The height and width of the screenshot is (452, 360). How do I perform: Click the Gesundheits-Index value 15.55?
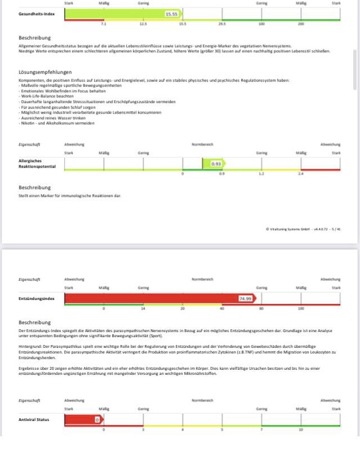pyautogui.click(x=172, y=14)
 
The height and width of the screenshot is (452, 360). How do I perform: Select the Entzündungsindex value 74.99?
pyautogui.click(x=245, y=298)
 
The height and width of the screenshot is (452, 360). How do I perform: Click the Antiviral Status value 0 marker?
pyautogui.click(x=97, y=419)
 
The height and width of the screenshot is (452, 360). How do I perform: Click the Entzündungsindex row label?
pyautogui.click(x=37, y=298)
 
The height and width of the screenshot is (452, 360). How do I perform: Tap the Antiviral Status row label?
pyautogui.click(x=34, y=419)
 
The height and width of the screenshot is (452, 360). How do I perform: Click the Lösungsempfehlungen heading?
pyautogui.click(x=45, y=72)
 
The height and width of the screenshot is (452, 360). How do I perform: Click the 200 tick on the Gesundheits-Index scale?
pyautogui.click(x=301, y=25)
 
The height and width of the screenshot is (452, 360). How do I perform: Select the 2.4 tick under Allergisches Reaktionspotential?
pyautogui.click(x=301, y=174)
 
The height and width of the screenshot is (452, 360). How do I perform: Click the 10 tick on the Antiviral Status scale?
pyautogui.click(x=301, y=430)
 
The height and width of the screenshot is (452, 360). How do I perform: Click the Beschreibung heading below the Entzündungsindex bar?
pyautogui.click(x=35, y=322)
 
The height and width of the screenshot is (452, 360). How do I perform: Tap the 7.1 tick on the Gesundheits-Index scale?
pyautogui.click(x=104, y=25)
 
